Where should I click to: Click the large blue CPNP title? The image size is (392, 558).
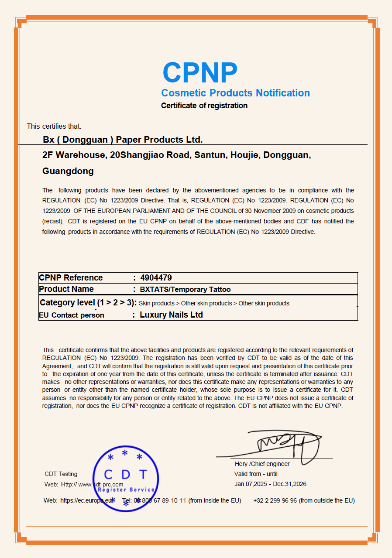pyautogui.click(x=200, y=72)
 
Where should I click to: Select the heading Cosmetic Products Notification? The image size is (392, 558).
pyautogui.click(x=235, y=93)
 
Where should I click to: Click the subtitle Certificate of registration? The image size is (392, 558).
pyautogui.click(x=204, y=106)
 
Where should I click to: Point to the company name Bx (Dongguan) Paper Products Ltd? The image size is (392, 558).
pyautogui.click(x=123, y=140)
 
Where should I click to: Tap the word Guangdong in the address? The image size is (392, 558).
pyautogui.click(x=68, y=171)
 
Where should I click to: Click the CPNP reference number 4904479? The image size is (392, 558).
pyautogui.click(x=156, y=278)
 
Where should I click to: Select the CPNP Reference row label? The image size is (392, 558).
pyautogui.click(x=71, y=278)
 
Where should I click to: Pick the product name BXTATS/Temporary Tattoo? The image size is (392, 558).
pyautogui.click(x=185, y=289)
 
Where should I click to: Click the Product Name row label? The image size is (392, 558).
pyautogui.click(x=66, y=289)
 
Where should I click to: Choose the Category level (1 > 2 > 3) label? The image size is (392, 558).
pyautogui.click(x=88, y=303)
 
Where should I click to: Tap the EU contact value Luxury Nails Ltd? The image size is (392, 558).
pyautogui.click(x=171, y=315)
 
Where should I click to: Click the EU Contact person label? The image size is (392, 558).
pyautogui.click(x=72, y=315)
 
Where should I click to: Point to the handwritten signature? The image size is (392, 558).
pyautogui.click(x=288, y=443)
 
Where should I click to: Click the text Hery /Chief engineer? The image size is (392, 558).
pyautogui.click(x=262, y=464)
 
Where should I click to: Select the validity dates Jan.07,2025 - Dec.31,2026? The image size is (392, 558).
pyautogui.click(x=270, y=484)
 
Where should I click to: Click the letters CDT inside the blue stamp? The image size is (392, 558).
pyautogui.click(x=125, y=475)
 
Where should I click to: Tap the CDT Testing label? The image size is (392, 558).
pyautogui.click(x=61, y=474)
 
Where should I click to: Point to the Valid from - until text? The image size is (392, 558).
pyautogui.click(x=256, y=474)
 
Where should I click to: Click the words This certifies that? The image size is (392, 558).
pyautogui.click(x=54, y=127)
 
